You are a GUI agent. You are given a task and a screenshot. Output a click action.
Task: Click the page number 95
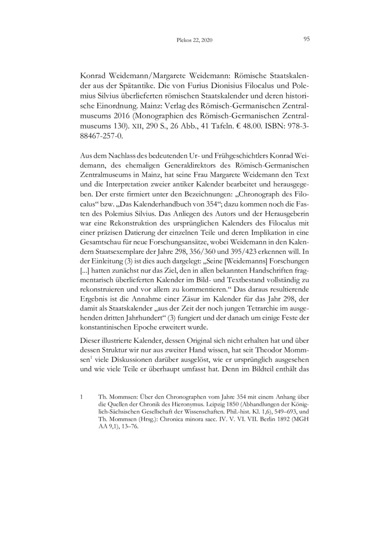307,39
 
